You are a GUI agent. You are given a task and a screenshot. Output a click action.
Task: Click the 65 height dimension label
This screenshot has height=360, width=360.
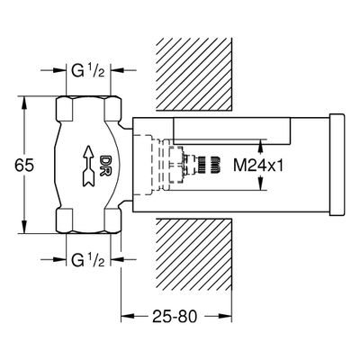pos(24,166)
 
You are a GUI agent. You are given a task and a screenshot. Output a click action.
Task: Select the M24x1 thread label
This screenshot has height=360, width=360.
pos(258,166)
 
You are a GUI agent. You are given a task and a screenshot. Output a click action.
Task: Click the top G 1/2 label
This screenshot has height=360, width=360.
pos(88,71)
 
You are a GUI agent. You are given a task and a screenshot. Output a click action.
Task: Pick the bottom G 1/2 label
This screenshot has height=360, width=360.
pos(88,259)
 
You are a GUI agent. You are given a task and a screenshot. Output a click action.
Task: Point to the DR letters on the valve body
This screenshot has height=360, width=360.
pos(105,166)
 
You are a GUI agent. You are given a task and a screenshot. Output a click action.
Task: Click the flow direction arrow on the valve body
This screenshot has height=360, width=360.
pos(89,166)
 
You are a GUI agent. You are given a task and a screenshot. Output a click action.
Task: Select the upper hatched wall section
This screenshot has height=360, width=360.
pos(194,75)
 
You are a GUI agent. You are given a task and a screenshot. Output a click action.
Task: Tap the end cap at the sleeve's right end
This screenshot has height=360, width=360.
pos(337,165)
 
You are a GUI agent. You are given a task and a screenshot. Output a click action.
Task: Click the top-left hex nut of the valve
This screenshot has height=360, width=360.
pos(65,108)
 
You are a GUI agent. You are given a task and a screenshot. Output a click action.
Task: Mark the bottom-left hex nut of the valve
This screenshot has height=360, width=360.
pos(65,220)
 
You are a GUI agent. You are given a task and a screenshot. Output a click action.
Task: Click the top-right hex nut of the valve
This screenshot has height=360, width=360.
pos(112,108)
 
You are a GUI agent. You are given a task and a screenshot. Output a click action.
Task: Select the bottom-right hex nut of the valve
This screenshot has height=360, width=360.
pos(112,220)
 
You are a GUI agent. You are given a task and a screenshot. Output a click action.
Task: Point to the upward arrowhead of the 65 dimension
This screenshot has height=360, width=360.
pos(24,103)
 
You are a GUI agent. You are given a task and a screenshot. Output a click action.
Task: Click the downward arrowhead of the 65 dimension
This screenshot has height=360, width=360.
pos(24,227)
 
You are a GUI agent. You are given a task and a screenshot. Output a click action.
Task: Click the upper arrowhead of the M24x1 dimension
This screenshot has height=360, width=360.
pos(260,146)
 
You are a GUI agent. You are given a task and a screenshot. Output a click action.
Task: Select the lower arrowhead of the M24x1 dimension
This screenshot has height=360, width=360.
pos(260,184)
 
